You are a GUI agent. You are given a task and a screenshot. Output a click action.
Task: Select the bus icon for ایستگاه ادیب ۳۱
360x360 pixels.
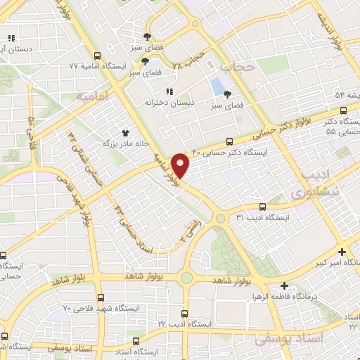[x=262, y=207]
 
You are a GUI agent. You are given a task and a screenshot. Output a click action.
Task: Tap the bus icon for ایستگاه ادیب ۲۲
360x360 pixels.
[x=185, y=314]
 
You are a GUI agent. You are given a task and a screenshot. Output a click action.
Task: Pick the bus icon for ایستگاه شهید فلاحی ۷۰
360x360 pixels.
[x=101, y=297]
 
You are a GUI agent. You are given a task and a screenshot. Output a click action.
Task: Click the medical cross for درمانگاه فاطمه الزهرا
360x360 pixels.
[x=284, y=285]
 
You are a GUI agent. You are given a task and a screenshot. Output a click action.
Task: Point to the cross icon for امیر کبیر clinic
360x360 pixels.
[x=342, y=252]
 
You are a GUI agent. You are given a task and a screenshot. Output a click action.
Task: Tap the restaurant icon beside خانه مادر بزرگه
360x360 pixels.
[x=126, y=132]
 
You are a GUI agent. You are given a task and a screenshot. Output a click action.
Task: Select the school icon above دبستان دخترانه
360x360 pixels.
[x=169, y=92]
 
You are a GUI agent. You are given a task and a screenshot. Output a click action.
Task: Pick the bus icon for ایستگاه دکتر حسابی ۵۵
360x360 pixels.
[x=343, y=110]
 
